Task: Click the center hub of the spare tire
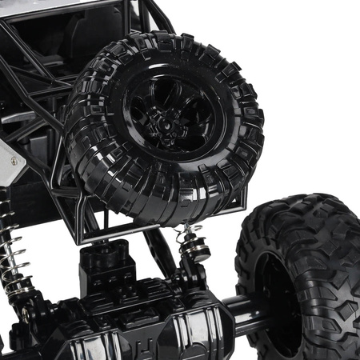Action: pyautogui.click(x=170, y=121)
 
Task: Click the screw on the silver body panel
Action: pyautogui.click(x=14, y=162)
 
